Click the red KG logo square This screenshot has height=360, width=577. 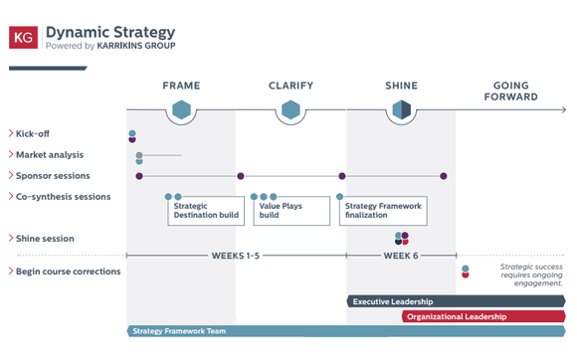click(x=23, y=37)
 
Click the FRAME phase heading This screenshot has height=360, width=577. click(x=181, y=86)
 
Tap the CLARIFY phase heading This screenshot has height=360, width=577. click(x=290, y=86)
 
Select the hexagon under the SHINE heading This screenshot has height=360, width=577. click(x=402, y=109)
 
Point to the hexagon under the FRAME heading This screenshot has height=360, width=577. click(x=181, y=109)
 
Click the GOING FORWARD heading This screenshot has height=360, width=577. click(x=510, y=91)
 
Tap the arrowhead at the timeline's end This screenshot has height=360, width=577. click(x=563, y=109)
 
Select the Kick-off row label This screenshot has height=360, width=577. click(x=33, y=134)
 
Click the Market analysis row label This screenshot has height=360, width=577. click(x=50, y=155)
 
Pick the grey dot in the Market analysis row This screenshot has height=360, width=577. click(x=139, y=155)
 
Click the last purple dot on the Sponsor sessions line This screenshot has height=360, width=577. click(x=444, y=176)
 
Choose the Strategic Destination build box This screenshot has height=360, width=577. click(x=206, y=211)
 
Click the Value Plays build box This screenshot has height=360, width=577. click(x=291, y=211)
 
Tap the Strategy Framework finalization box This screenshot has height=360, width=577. click(x=383, y=211)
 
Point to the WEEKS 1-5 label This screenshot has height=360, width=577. click(x=236, y=256)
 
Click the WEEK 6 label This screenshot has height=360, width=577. click(x=401, y=256)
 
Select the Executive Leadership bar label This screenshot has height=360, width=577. click(x=393, y=302)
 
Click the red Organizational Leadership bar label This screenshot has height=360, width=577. click(x=457, y=316)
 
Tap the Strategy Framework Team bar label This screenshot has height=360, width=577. click(x=179, y=331)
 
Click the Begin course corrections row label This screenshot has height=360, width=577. click(x=68, y=271)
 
